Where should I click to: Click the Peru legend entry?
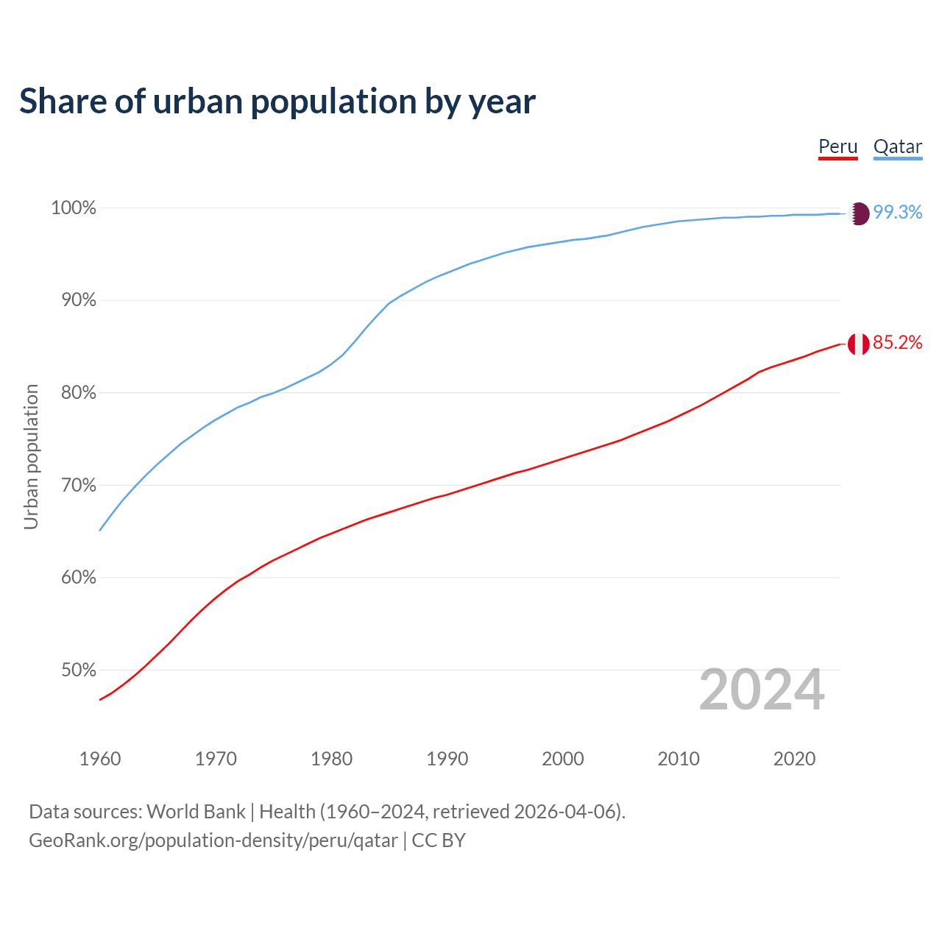[837, 146]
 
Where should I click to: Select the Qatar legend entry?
[897, 146]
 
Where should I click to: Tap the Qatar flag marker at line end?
[858, 213]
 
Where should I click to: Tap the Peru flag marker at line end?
[858, 344]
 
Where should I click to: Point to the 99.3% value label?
[898, 213]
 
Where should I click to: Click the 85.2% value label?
[897, 343]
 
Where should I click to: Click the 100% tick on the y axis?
[74, 208]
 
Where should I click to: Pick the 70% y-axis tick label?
[78, 486]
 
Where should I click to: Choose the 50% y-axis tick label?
[78, 670]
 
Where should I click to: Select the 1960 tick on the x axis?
[100, 759]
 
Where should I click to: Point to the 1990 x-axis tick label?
[447, 759]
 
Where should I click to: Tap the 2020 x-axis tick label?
[794, 759]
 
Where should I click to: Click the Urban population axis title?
[31, 456]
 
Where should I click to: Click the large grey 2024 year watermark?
[761, 690]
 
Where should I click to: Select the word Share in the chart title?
[62, 102]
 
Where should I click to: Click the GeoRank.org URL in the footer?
[213, 840]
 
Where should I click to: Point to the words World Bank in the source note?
[196, 812]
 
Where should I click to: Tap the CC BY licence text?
[439, 840]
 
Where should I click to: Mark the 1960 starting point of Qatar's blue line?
[100, 530]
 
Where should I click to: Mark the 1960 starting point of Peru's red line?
[100, 699]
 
